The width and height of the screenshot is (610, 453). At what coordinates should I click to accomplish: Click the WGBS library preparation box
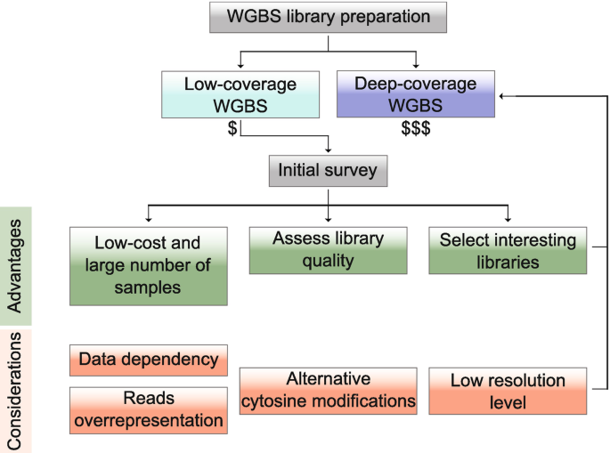pyautogui.click(x=328, y=17)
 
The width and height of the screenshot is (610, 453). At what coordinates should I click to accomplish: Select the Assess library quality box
pyautogui.click(x=328, y=250)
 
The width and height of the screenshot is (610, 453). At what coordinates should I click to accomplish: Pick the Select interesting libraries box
pyautogui.click(x=508, y=250)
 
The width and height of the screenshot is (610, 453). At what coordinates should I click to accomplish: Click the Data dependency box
pyautogui.click(x=148, y=360)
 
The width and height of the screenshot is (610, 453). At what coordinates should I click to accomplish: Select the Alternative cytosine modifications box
pyautogui.click(x=328, y=390)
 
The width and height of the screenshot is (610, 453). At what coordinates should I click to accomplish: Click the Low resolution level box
pyautogui.click(x=508, y=390)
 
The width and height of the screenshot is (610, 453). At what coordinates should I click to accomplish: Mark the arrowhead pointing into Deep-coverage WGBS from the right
pyautogui.click(x=503, y=95)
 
